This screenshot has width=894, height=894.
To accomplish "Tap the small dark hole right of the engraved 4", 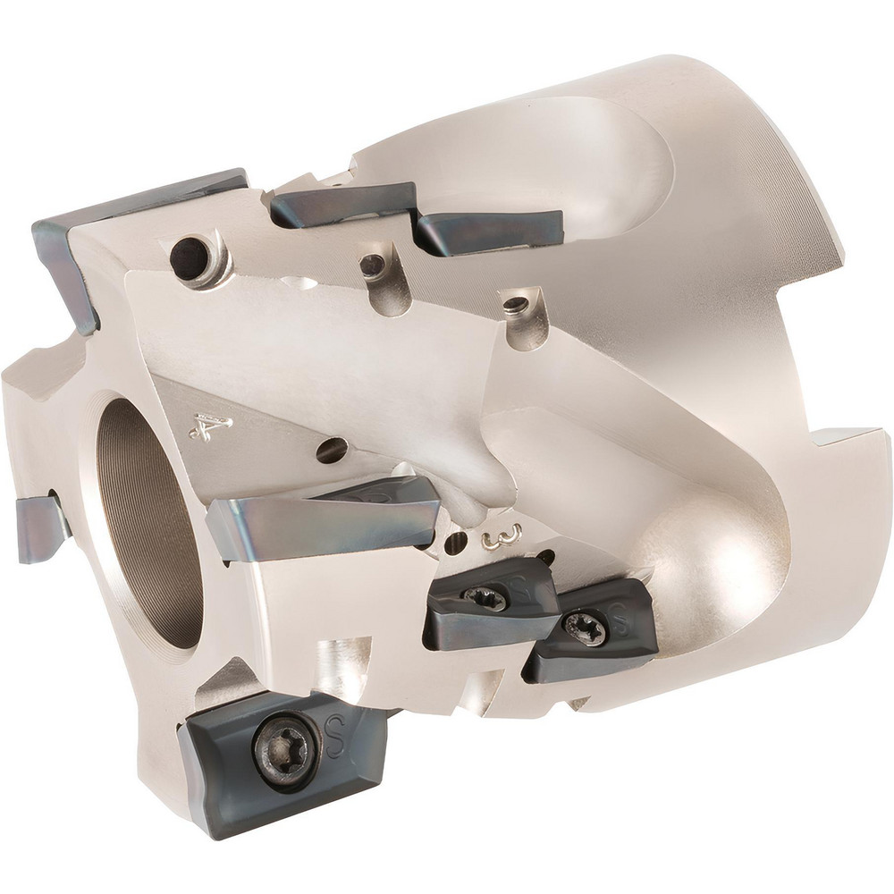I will [331, 450].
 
